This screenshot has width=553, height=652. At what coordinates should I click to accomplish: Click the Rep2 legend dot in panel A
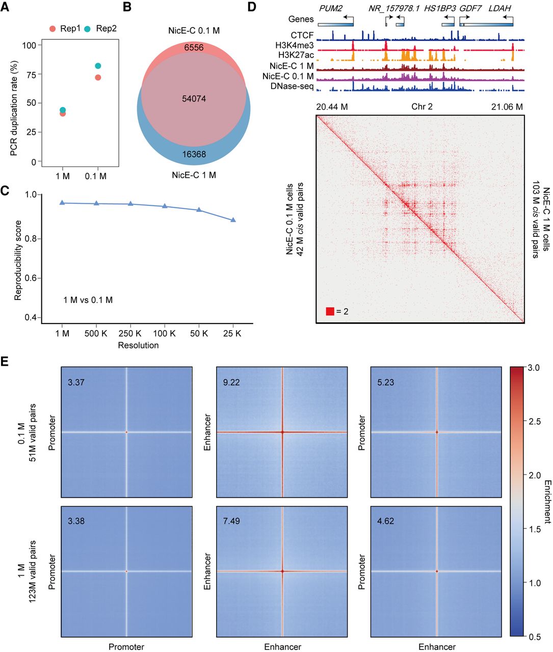click(x=88, y=29)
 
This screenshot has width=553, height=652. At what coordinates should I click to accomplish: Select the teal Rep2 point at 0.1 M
click(x=98, y=66)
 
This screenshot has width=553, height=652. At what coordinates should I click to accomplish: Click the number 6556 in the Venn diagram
click(x=194, y=48)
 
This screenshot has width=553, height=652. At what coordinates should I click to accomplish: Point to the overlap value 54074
click(x=194, y=99)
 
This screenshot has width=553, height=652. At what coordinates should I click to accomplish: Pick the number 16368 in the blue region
click(x=194, y=154)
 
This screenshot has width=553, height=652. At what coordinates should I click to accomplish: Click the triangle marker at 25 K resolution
click(x=233, y=220)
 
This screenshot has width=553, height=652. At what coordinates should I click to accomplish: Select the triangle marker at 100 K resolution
click(x=165, y=206)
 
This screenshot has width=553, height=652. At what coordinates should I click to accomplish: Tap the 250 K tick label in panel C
click(x=130, y=334)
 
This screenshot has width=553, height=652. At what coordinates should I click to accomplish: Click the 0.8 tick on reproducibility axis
click(x=31, y=239)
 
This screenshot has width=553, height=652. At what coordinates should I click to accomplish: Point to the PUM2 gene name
click(x=330, y=9)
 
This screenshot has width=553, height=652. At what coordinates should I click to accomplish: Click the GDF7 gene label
click(x=470, y=9)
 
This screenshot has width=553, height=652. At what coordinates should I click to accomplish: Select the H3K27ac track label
click(x=296, y=55)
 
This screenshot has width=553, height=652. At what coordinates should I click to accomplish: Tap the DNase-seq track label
click(x=292, y=86)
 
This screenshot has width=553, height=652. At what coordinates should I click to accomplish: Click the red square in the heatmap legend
click(x=330, y=311)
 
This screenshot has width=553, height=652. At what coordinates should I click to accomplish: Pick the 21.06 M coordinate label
click(x=507, y=107)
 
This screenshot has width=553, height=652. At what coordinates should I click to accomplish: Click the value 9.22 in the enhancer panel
click(x=231, y=383)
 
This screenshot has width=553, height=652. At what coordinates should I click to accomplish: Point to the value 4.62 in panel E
click(x=386, y=521)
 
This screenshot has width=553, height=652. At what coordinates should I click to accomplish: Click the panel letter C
click(x=5, y=191)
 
